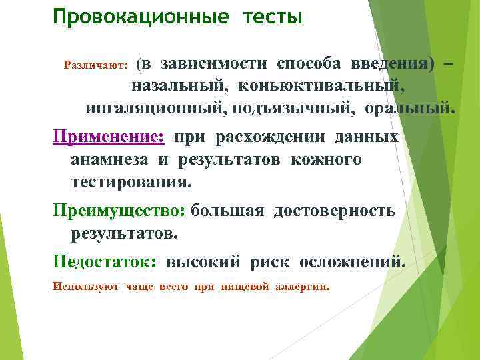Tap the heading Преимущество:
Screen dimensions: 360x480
[x=119, y=211]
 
